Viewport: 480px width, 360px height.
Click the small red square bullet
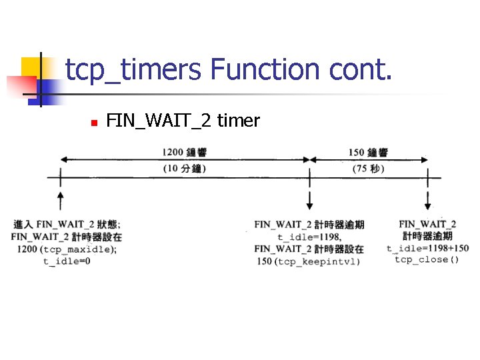(x=94, y=123)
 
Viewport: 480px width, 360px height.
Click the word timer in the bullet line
(x=238, y=121)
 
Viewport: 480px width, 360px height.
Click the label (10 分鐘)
(x=185, y=169)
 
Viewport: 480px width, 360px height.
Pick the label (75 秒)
(x=368, y=169)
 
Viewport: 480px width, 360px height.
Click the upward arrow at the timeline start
(x=61, y=201)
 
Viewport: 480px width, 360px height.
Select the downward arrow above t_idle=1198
(x=310, y=201)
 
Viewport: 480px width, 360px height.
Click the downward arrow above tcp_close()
(x=427, y=201)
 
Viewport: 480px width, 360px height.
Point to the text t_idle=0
(x=67, y=261)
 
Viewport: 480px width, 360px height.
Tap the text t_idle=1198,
(x=309, y=237)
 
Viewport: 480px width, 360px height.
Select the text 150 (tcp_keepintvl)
(x=309, y=261)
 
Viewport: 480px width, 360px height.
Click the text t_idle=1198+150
(x=427, y=248)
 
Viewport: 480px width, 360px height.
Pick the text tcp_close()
(x=427, y=259)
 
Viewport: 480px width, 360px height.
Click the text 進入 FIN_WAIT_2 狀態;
(x=67, y=224)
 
